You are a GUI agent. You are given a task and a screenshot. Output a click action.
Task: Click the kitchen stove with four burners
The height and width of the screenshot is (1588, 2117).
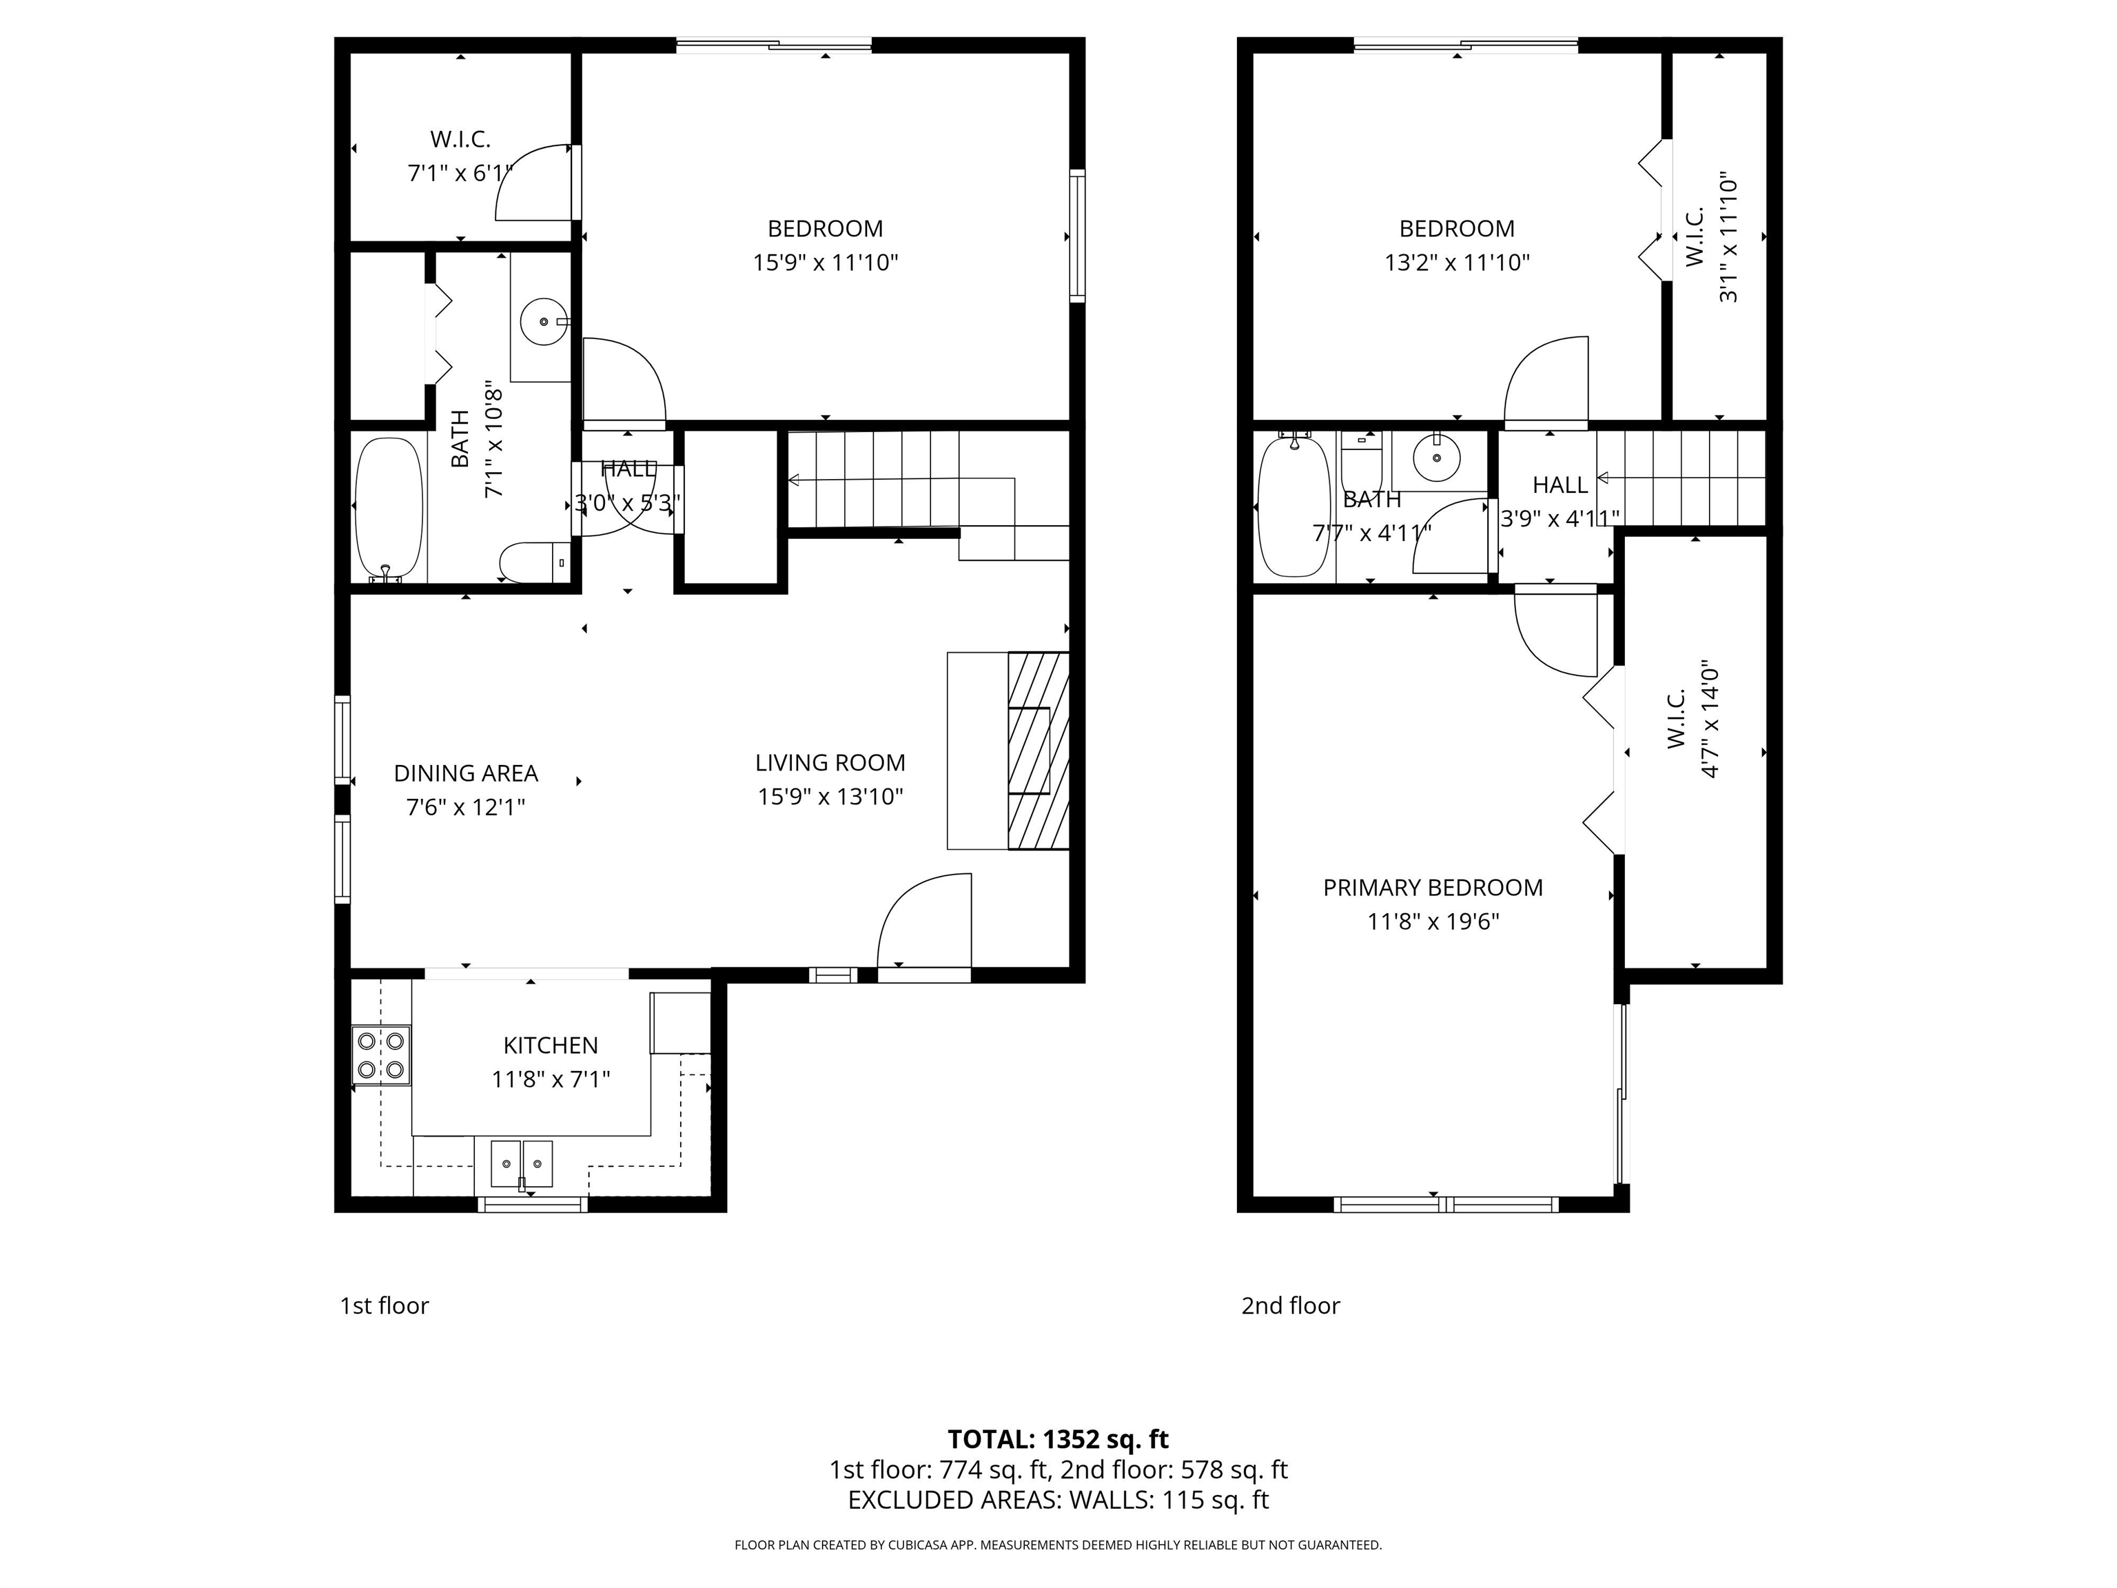click(381, 1055)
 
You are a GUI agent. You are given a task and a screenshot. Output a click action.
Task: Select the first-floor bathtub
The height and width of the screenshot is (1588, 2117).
click(389, 508)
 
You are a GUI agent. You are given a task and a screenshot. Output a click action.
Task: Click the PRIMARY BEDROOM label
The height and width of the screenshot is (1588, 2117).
click(1432, 887)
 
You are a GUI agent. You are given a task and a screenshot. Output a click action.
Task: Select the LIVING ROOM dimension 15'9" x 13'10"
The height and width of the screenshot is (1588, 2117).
click(830, 796)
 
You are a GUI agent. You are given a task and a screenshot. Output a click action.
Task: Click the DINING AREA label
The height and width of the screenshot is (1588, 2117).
click(465, 773)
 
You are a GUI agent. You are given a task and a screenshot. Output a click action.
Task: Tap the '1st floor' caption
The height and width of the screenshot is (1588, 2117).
click(384, 1305)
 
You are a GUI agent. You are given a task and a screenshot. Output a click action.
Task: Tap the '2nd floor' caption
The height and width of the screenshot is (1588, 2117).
click(1289, 1305)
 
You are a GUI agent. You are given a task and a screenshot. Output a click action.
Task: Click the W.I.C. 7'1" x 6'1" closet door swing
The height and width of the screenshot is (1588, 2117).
click(531, 184)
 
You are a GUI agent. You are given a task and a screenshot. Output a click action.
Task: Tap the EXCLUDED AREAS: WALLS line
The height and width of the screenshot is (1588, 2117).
click(1058, 1500)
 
